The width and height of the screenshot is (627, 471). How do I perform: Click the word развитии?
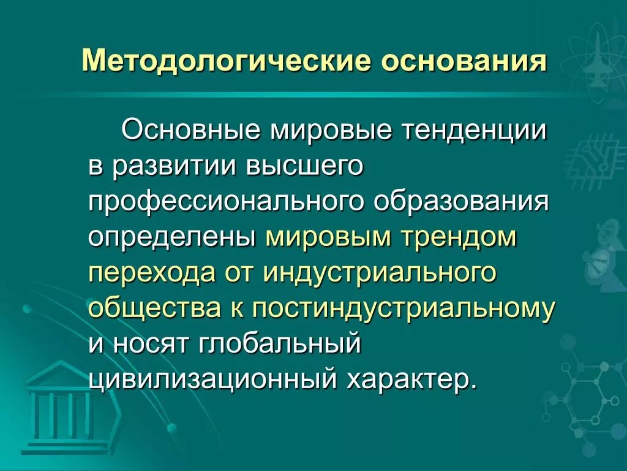[175, 167]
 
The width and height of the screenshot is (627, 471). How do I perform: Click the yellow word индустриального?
[379, 273]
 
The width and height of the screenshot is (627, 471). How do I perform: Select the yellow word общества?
[155, 308]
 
